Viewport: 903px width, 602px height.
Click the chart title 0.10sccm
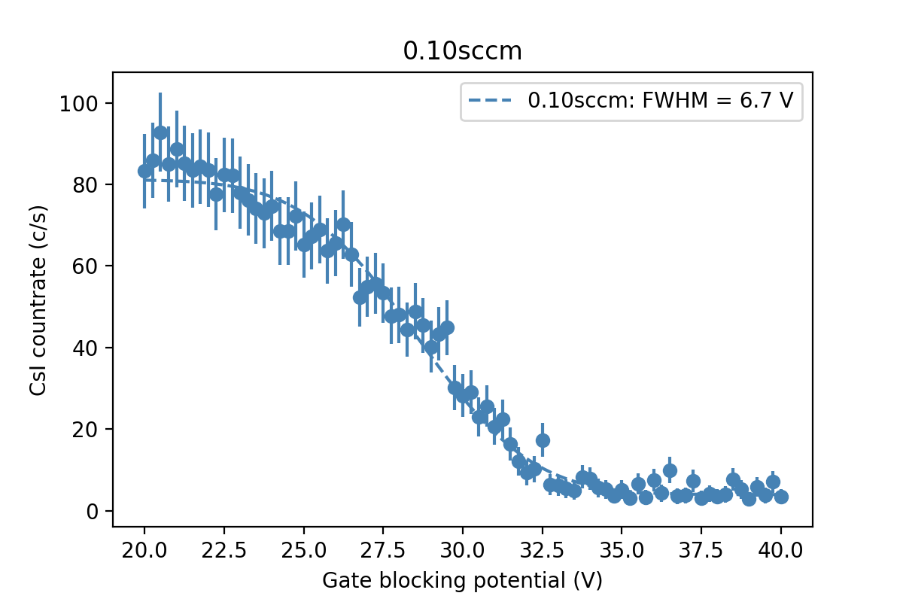click(462, 51)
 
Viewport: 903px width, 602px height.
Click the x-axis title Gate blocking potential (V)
click(462, 580)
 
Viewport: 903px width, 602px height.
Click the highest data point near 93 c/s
click(160, 132)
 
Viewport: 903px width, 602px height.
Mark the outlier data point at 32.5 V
click(543, 440)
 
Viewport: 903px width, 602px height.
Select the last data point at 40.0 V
click(781, 497)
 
